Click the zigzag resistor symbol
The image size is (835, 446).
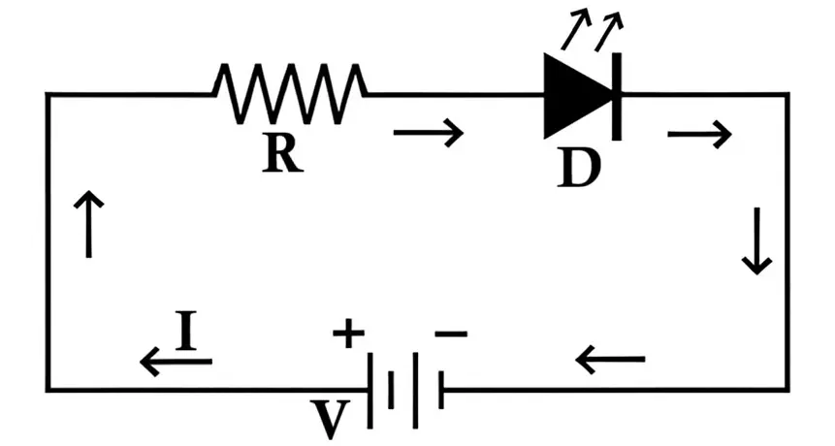pos(290,93)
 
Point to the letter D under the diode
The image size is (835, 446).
pos(579,169)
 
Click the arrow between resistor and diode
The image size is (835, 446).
pos(428,132)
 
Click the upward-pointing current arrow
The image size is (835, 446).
pos(88,224)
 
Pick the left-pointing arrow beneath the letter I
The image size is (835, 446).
pos(176,363)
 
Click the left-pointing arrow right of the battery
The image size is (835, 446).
pos(610,361)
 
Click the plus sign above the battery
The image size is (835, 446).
pos(348,334)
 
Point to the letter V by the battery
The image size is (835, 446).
pos(331,419)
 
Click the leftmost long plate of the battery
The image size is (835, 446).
pos(369,390)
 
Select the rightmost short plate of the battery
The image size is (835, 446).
pos(440,390)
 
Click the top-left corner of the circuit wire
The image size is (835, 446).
pos(48,94)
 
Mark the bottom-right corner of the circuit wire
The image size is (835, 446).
pos(787,390)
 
